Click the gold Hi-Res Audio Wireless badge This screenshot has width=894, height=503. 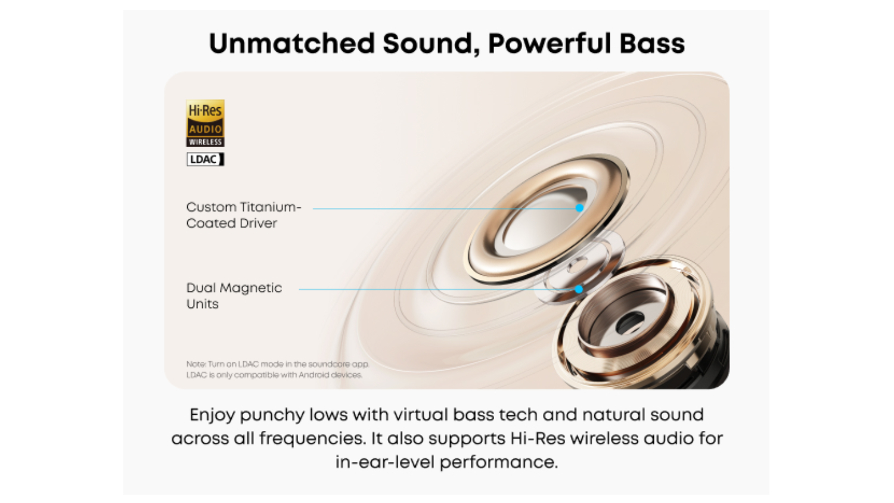click(205, 123)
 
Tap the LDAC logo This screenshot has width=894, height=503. click(205, 159)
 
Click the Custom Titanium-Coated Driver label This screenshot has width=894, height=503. click(243, 215)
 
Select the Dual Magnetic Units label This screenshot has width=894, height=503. click(234, 296)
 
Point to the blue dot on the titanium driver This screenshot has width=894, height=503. click(579, 208)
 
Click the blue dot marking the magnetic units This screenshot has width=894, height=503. click(579, 290)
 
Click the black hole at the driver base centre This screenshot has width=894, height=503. click(629, 322)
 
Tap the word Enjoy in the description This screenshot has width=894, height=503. click(212, 415)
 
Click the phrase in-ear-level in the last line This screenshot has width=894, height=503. click(385, 462)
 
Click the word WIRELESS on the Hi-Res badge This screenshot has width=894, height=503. click(205, 142)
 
